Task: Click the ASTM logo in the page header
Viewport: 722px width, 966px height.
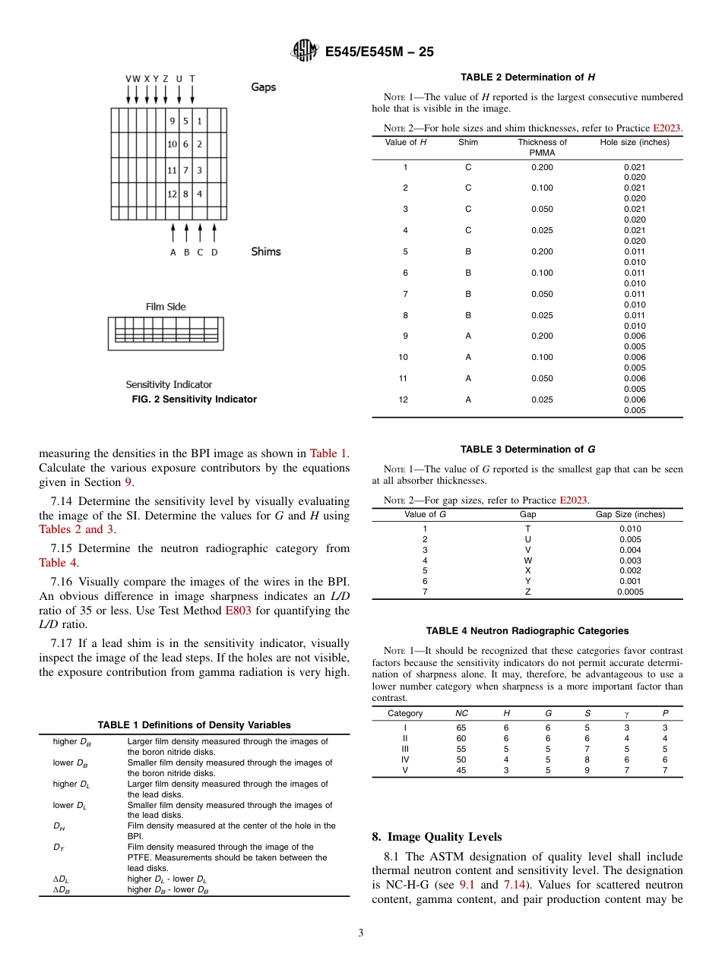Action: tap(306, 52)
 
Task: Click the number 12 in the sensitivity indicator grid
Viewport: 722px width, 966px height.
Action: tap(173, 194)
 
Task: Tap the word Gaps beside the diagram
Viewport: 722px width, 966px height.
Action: tap(264, 87)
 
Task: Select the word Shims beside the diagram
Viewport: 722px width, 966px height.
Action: tap(266, 251)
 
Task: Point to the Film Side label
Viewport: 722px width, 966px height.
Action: tap(166, 307)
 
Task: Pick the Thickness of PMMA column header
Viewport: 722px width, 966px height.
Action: tap(542, 147)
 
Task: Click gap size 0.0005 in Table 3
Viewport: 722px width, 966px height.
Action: tap(630, 592)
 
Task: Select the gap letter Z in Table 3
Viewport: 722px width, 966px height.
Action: tap(527, 592)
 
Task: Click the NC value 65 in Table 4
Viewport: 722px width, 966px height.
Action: tap(461, 728)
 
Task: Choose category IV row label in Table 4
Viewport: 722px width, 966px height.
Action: tap(405, 759)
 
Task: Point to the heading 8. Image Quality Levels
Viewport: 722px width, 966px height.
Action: tap(436, 837)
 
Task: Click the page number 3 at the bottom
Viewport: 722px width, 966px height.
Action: tap(361, 933)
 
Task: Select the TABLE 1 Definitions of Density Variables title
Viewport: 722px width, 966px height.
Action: tap(194, 725)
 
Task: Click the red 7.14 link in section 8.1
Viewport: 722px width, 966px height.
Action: tap(514, 885)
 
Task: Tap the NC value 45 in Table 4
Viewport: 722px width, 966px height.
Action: tap(461, 770)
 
